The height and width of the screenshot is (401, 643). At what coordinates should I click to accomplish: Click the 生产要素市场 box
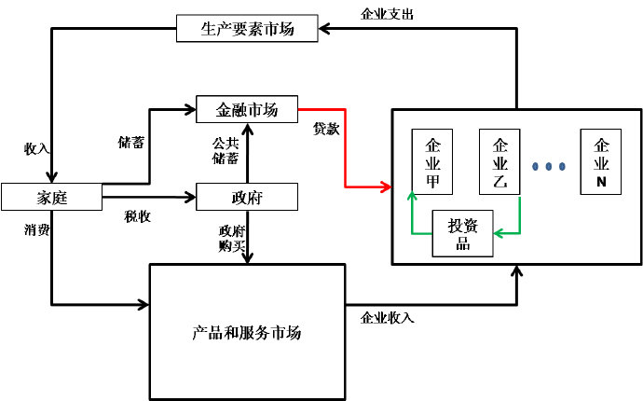pyautogui.click(x=247, y=28)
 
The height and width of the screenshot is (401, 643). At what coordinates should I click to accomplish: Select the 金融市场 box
pyautogui.click(x=247, y=108)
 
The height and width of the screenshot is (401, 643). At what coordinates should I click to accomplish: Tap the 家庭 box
pyautogui.click(x=50, y=197)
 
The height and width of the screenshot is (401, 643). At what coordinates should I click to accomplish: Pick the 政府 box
pyautogui.click(x=247, y=197)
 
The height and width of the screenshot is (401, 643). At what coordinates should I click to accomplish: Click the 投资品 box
pyautogui.click(x=462, y=234)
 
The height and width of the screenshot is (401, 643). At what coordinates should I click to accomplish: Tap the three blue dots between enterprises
pyautogui.click(x=550, y=166)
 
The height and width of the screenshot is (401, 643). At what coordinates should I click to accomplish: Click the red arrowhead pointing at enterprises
pyautogui.click(x=387, y=187)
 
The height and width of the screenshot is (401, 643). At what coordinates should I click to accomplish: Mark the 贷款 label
pyautogui.click(x=326, y=129)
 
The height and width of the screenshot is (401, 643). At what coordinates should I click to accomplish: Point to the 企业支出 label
pyautogui.click(x=387, y=14)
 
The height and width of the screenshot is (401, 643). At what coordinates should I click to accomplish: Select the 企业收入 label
pyautogui.click(x=387, y=317)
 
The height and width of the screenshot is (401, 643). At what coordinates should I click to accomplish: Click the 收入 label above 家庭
pyautogui.click(x=36, y=148)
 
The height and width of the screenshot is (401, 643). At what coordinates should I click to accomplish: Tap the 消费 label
pyautogui.click(x=36, y=228)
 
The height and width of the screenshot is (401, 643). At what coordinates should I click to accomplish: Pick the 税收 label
pyautogui.click(x=138, y=216)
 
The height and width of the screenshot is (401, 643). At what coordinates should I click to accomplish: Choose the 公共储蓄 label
pyautogui.click(x=226, y=151)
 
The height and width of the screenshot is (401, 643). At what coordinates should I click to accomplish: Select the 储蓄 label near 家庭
pyautogui.click(x=130, y=143)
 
